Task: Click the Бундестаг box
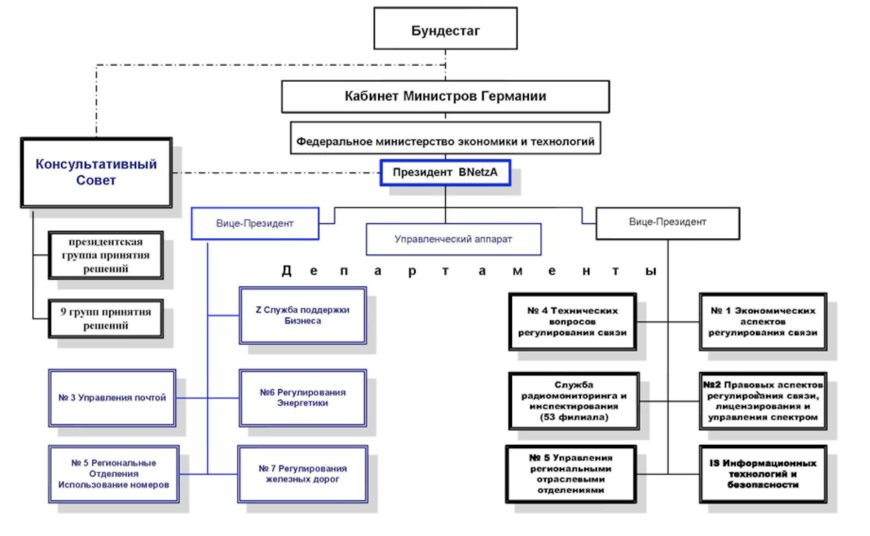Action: [445, 29]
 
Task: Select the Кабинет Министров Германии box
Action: [445, 97]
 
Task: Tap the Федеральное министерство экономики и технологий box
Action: [445, 139]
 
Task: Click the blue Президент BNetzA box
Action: [445, 172]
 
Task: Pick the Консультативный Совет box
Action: [96, 172]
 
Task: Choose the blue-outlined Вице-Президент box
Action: [255, 223]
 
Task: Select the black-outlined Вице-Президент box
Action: [668, 223]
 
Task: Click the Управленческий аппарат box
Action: [453, 239]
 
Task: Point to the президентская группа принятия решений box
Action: [105, 255]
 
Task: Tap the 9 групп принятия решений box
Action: [105, 319]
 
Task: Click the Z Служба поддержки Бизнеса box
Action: [302, 315]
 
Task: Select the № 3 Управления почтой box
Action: [112, 398]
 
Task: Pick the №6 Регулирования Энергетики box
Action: [302, 398]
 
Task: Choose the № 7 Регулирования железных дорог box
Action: [302, 474]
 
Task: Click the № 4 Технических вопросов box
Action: [573, 321]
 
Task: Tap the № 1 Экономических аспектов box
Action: [762, 321]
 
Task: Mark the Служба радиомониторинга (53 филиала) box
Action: [574, 401]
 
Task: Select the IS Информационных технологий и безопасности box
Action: [762, 474]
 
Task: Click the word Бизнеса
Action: [302, 321]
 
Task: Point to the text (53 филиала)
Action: [574, 418]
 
